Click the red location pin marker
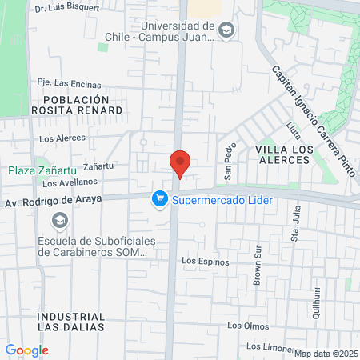(x=180, y=163)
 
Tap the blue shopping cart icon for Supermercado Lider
(x=160, y=199)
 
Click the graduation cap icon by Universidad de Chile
(x=226, y=30)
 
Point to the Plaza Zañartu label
(x=39, y=170)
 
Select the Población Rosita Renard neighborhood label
(x=77, y=104)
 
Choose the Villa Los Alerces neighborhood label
(x=282, y=154)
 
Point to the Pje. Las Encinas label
(x=70, y=84)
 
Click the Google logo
(x=26, y=350)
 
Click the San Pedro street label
(x=228, y=161)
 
